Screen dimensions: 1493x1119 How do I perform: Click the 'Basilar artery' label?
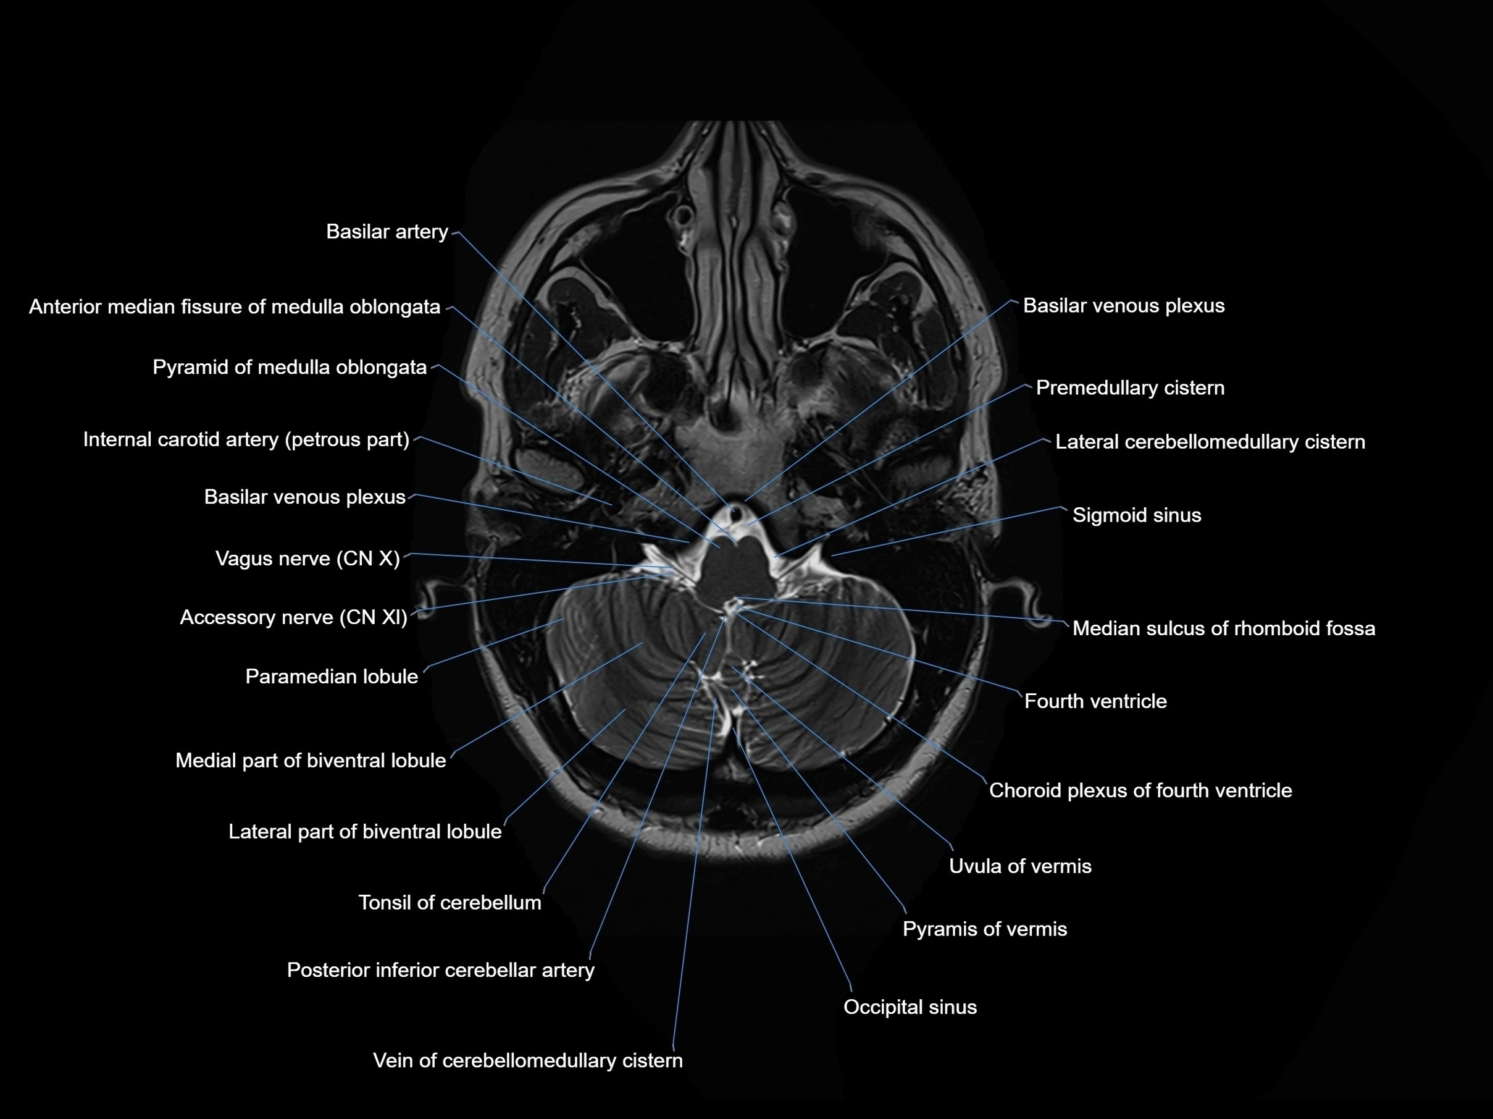click(387, 232)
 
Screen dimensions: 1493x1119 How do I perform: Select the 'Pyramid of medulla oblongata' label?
click(290, 368)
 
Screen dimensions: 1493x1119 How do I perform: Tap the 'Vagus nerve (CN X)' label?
click(307, 559)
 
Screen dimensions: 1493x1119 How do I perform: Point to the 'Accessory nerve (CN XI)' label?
click(294, 617)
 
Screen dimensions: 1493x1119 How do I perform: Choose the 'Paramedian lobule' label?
click(332, 677)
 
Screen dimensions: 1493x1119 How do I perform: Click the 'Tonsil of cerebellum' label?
click(450, 903)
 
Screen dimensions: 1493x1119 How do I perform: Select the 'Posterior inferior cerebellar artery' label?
click(441, 971)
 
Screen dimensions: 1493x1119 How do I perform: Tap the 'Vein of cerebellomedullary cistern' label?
click(528, 1061)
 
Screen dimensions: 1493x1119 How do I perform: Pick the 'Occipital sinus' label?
click(910, 1008)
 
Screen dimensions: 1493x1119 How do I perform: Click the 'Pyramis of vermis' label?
click(985, 929)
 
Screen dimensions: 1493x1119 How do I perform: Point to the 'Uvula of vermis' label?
click(1020, 866)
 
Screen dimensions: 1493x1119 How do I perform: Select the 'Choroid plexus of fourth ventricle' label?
click(1140, 791)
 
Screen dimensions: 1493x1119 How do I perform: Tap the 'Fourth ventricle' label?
click(1095, 702)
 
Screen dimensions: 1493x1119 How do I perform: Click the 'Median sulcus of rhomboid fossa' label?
click(1224, 629)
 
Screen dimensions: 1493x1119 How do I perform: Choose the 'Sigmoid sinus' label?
click(1137, 515)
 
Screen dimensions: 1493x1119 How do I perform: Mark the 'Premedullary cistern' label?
click(1130, 387)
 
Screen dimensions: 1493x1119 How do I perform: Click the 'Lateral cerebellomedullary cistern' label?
click(1210, 442)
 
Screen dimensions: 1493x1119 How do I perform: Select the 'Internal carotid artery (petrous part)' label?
click(246, 440)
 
